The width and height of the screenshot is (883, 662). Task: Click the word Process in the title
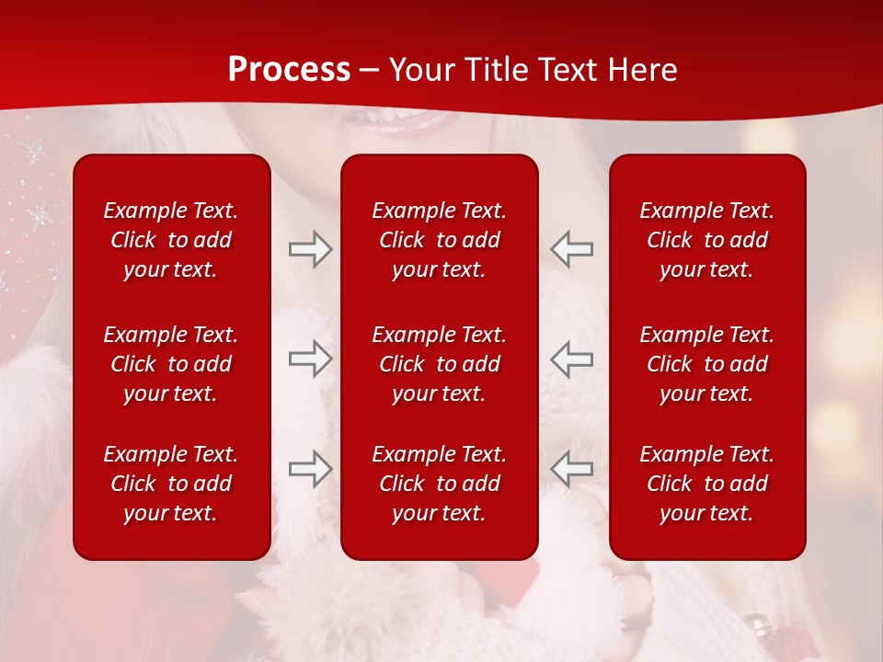pos(289,70)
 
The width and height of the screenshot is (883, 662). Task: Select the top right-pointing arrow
pos(310,249)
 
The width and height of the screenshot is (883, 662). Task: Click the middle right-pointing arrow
pos(310,359)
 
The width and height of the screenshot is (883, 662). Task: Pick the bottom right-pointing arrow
pos(310,469)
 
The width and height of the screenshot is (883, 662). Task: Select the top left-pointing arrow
pos(571,249)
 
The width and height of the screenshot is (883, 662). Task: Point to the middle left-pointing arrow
pos(571,359)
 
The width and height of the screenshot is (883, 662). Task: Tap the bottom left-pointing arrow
pos(571,469)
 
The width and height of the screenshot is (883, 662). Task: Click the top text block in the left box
pos(171,240)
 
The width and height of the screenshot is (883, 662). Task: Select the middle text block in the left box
pos(171,364)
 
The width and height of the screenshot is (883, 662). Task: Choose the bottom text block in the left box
pos(171,484)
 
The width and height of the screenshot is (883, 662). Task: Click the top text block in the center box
pos(440,240)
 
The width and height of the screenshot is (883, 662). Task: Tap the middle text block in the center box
pos(440,364)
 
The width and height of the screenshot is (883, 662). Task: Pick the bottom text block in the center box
pos(440,484)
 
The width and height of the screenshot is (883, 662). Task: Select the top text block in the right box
pos(707,240)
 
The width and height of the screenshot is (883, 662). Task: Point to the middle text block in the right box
pos(707,364)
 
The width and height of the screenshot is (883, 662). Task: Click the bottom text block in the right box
pos(707,484)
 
